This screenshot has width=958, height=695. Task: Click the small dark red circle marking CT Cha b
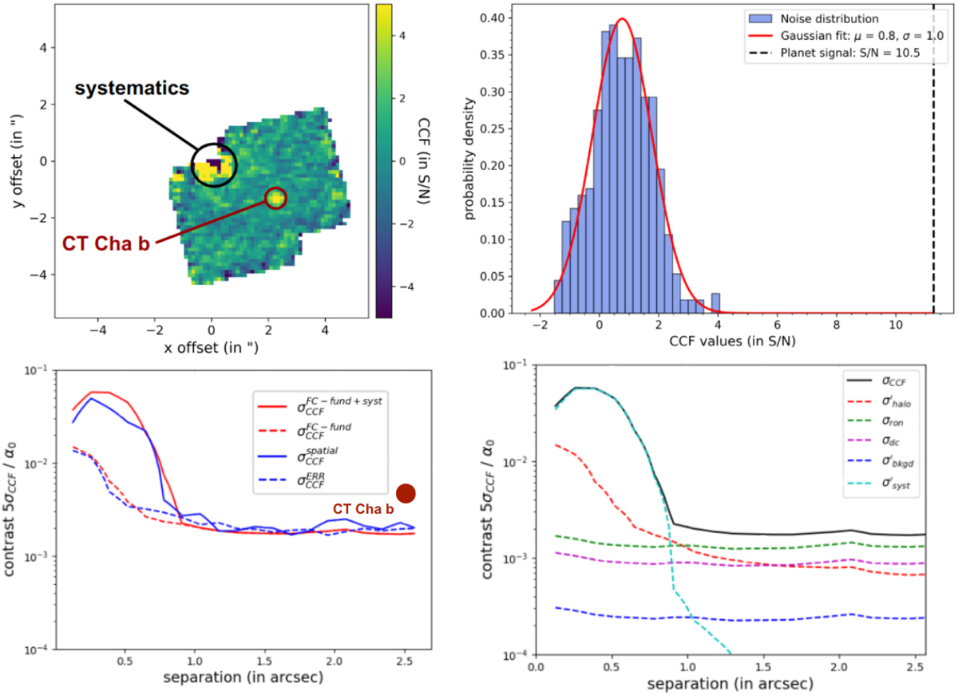click(x=275, y=197)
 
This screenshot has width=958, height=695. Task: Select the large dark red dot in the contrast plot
click(x=406, y=495)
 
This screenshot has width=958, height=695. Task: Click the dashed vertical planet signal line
click(x=932, y=160)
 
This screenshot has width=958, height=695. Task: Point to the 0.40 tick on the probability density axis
click(x=492, y=18)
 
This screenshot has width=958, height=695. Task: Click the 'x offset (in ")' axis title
click(x=212, y=348)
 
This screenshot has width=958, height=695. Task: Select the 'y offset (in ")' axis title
click(x=15, y=160)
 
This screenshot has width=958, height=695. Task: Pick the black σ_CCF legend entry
click(x=887, y=385)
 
